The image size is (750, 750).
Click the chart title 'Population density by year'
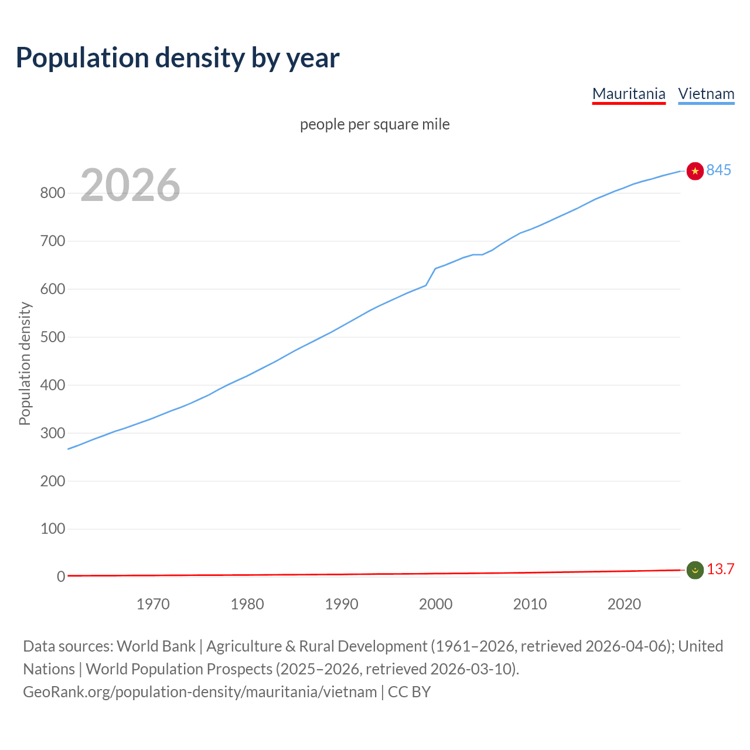(178, 57)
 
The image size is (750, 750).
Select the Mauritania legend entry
(629, 94)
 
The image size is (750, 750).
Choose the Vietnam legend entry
(706, 94)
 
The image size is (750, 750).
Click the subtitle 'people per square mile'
(375, 124)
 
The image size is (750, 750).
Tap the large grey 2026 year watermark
(130, 185)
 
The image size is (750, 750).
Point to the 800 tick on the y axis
(52, 193)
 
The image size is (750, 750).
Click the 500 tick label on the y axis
(52, 337)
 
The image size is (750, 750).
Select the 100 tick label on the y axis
(52, 529)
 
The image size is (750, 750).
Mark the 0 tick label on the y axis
(61, 577)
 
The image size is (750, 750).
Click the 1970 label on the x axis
(153, 604)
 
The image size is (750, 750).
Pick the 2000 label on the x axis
(435, 604)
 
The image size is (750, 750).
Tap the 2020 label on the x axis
(624, 604)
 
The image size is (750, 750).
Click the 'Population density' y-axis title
(25, 363)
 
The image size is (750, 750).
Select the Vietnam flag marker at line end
(695, 171)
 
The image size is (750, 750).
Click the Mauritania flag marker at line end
(695, 570)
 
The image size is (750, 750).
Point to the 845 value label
(719, 170)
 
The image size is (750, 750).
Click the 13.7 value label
(720, 570)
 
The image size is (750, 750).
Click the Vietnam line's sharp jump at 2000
(431, 277)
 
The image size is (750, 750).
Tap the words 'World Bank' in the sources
(156, 646)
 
